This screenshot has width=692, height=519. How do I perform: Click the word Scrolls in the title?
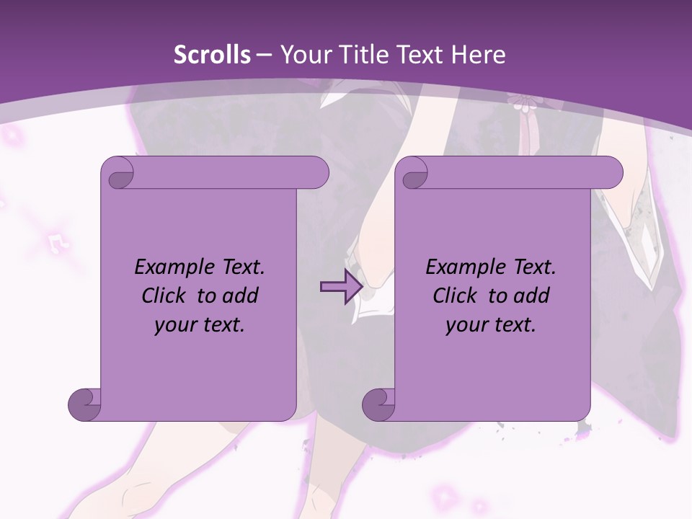[x=213, y=55]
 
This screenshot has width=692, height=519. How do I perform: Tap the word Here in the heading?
[x=479, y=55]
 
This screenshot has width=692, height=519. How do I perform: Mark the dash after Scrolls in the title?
[x=264, y=55]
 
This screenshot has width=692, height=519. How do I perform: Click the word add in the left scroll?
[x=241, y=296]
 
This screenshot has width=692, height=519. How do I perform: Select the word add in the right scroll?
[x=532, y=296]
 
